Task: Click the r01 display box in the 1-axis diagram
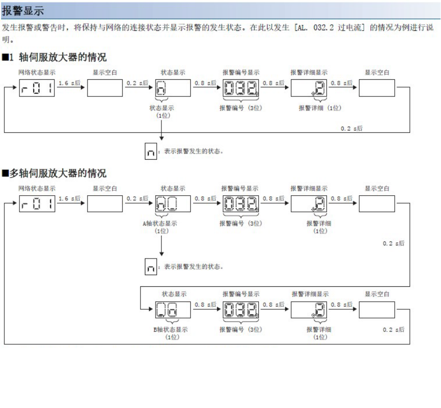point(37,89)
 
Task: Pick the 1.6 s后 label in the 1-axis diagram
point(69,83)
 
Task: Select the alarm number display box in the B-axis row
point(241,308)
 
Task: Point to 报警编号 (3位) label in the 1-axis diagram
point(241,108)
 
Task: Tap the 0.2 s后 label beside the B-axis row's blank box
point(393,330)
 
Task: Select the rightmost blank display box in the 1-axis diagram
point(377,89)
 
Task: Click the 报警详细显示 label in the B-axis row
point(310,294)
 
